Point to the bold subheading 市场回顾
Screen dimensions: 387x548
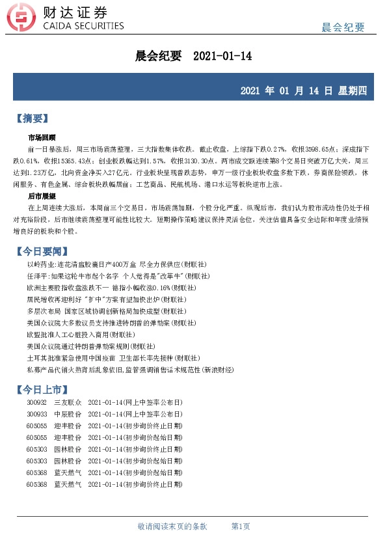coord(42,138)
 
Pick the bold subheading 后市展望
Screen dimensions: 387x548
coord(42,196)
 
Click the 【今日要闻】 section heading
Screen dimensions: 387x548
coord(41,251)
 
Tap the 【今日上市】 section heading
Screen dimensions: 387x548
coord(41,389)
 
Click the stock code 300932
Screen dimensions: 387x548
coord(37,404)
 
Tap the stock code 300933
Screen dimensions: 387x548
coord(37,413)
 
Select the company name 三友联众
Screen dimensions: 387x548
coord(67,404)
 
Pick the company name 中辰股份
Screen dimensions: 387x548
coord(67,413)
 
